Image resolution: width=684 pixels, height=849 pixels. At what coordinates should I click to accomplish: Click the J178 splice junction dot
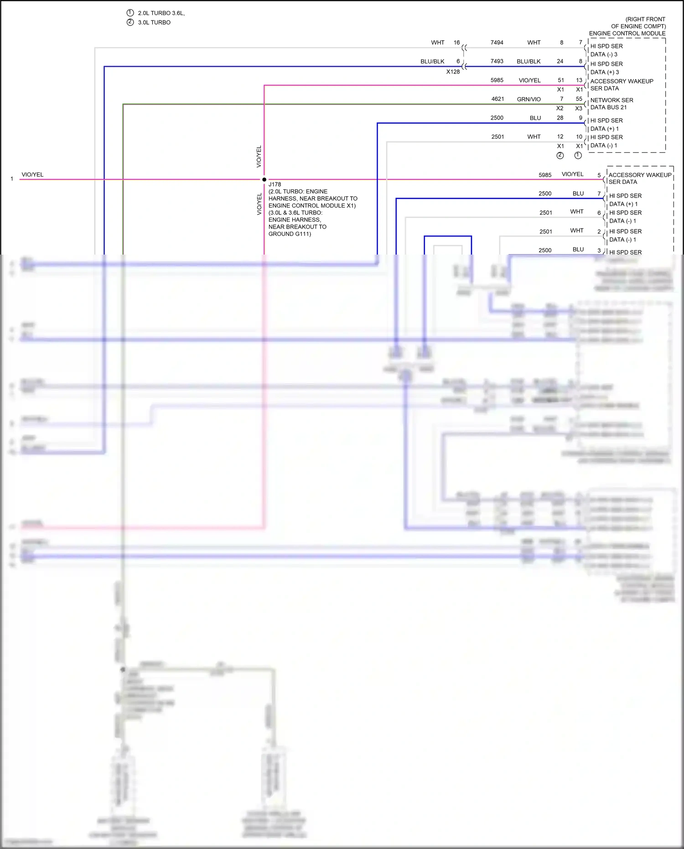coord(264,179)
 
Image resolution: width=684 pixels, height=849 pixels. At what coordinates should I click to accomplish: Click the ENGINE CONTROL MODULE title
coord(627,33)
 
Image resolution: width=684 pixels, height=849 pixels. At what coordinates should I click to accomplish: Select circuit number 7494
coord(497,42)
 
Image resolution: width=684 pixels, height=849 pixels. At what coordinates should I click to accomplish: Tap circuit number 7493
coord(497,61)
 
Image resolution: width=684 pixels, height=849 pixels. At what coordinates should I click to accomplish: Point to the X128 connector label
coord(453,72)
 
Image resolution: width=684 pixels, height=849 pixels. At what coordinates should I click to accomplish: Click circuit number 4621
coord(497,99)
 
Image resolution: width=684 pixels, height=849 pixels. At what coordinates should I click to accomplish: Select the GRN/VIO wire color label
coord(529,99)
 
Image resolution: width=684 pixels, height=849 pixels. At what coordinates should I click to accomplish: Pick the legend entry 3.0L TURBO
coord(154,22)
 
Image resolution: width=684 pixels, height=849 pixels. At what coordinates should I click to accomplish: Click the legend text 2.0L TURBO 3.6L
coord(161,13)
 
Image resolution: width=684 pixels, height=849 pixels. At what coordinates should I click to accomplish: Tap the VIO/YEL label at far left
coord(32,175)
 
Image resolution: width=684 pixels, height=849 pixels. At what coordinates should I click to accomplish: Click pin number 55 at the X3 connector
coord(579,99)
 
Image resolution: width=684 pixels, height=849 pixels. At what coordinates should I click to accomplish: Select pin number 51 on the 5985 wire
coord(561,80)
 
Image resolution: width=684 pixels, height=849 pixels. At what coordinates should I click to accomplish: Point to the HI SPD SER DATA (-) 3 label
coord(606,50)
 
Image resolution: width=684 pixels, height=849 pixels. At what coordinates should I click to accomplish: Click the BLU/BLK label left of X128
coord(432,61)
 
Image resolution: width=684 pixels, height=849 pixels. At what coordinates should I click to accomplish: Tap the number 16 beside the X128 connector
coord(456,42)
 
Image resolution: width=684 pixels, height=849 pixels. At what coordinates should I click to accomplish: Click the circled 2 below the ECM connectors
coord(560,156)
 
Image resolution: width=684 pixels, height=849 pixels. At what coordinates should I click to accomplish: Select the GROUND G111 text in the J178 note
coord(290,234)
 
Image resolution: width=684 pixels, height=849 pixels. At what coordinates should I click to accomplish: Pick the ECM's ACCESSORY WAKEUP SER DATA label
coord(621,85)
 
